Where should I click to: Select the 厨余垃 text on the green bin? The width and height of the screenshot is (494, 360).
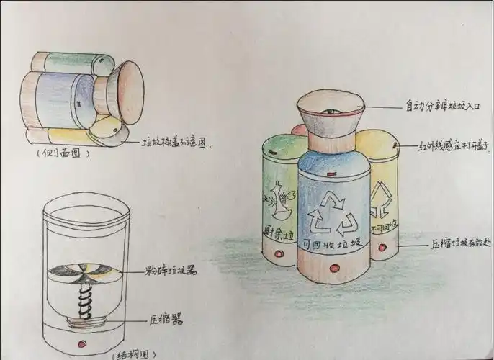280,233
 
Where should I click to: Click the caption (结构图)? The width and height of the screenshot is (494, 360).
134,354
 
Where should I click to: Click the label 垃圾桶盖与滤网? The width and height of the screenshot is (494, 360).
175,143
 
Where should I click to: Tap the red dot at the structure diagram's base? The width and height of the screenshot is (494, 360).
84,341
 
